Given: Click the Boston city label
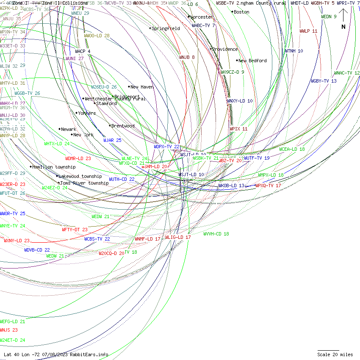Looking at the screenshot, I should click(241, 12).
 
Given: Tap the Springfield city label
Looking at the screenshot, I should click(166, 28).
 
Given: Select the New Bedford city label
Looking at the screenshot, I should click(253, 61).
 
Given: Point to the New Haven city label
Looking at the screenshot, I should click(142, 87).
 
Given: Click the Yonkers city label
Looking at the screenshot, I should click(87, 113).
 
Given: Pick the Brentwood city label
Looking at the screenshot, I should click(123, 126).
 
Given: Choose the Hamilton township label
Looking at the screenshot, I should click(54, 167).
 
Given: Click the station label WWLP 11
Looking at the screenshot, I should click(308, 31).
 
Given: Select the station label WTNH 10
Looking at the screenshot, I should click(294, 51).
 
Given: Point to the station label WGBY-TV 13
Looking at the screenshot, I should click(324, 81).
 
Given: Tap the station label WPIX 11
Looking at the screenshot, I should click(238, 128).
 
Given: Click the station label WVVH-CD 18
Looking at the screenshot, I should click(216, 234).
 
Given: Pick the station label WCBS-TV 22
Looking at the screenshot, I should click(97, 239).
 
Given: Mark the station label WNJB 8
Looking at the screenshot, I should click(187, 57).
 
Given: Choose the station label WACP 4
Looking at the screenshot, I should click(83, 51).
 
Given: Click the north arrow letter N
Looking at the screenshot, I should click(343, 27).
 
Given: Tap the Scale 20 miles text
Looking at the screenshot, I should click(335, 354).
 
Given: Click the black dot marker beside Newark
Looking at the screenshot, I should click(59, 129).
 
